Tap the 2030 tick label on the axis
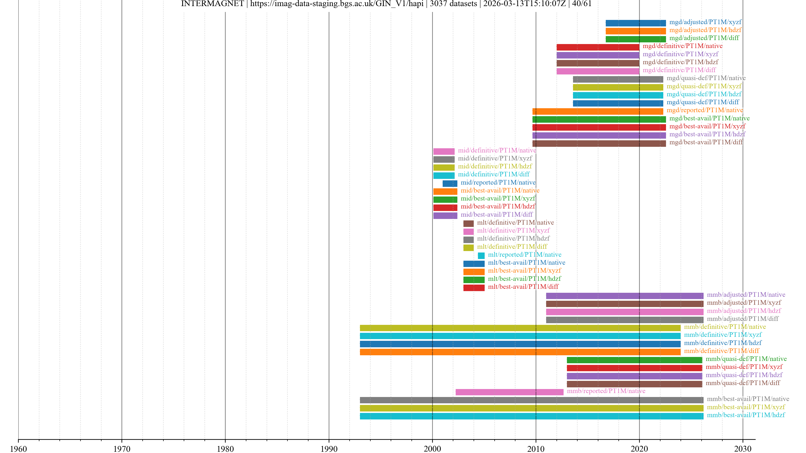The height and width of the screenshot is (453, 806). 742,449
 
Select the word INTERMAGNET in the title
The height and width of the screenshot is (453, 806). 212,4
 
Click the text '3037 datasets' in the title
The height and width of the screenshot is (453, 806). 453,4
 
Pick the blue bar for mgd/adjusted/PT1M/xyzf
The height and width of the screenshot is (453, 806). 636,23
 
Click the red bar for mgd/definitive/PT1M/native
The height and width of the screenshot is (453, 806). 598,47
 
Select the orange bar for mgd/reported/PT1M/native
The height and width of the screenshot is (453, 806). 598,111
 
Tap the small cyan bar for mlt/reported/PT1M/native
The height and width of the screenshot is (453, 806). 481,256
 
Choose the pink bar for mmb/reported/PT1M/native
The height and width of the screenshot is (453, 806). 509,392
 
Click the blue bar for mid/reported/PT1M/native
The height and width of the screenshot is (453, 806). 450,184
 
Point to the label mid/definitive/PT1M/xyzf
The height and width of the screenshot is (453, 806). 495,159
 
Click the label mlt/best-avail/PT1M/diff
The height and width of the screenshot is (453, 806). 523,287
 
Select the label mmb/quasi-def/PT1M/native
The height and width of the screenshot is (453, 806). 746,359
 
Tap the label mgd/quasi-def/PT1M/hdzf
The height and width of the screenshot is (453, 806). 704,94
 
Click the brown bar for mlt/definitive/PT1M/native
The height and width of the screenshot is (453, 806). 468,224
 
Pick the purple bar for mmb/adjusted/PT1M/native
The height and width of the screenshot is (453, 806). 624,296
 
